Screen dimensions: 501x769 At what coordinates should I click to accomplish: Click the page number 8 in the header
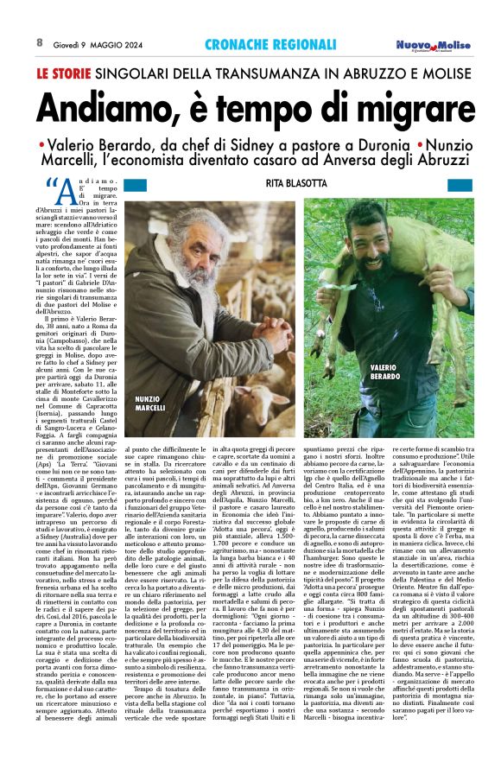tap(40, 42)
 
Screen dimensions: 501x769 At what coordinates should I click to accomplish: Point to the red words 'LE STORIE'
tap(64, 74)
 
